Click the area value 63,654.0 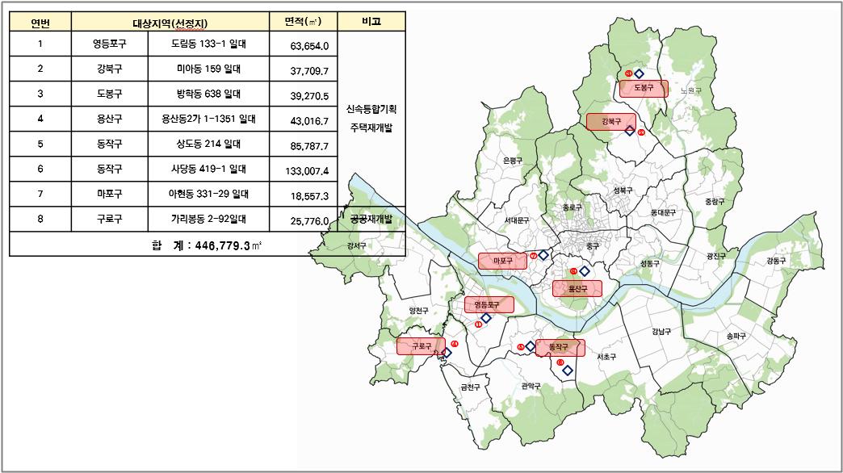308,46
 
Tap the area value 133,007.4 306,170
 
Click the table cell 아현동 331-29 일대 208,195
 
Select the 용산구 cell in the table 110,120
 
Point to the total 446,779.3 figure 211,245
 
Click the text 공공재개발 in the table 371,219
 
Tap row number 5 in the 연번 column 40,145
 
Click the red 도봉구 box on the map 643,88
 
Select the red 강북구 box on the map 610,122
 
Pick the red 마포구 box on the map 503,261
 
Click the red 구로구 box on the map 420,346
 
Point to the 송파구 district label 736,335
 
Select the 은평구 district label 513,161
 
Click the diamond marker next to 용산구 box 585,271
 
